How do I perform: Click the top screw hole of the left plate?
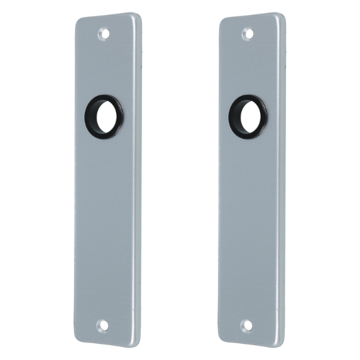(x=104, y=33)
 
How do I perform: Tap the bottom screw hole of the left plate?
(x=103, y=325)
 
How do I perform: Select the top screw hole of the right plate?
(x=248, y=33)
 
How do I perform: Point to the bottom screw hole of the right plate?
(x=247, y=325)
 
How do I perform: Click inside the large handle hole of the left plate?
(x=105, y=115)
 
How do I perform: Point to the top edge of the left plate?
(x=107, y=16)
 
